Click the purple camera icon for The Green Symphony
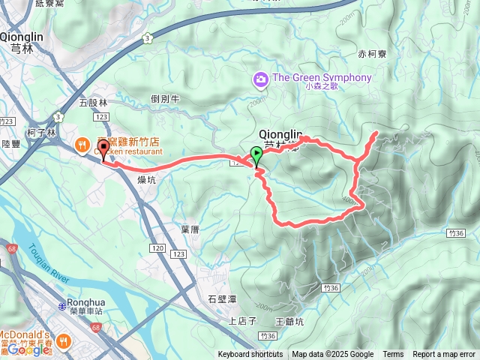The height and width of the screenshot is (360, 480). pyautogui.click(x=260, y=78)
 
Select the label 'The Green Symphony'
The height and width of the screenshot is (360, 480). pyautogui.click(x=322, y=78)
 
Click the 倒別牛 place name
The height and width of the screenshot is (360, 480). pyautogui.click(x=165, y=98)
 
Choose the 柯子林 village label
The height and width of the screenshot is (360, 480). pyautogui.click(x=41, y=132)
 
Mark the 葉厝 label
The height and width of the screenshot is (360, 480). pyautogui.click(x=190, y=229)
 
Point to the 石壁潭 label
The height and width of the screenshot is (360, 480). pyautogui.click(x=222, y=298)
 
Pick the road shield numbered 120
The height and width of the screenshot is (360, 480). pyautogui.click(x=157, y=247)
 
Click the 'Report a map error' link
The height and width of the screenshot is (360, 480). pyautogui.click(x=444, y=355)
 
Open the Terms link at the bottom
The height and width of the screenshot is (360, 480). pyautogui.click(x=393, y=355)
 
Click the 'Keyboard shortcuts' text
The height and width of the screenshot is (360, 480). pyautogui.click(x=250, y=355)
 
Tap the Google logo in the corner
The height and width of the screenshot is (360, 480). pyautogui.click(x=28, y=349)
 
